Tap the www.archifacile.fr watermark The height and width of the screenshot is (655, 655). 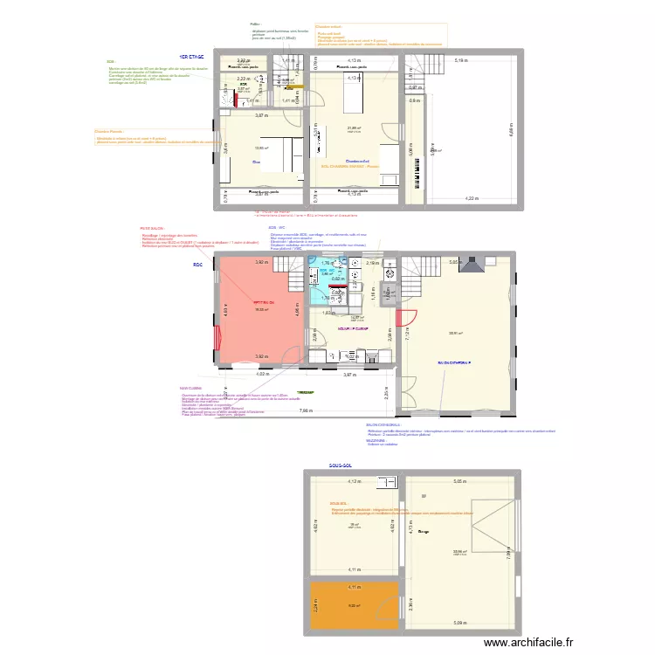(532, 642)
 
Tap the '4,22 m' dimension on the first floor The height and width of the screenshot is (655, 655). (472, 199)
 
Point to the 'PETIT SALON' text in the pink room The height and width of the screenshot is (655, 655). (264, 301)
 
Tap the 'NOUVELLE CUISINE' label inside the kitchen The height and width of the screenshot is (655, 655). (353, 329)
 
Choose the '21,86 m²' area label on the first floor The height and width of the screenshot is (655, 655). (353, 128)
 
